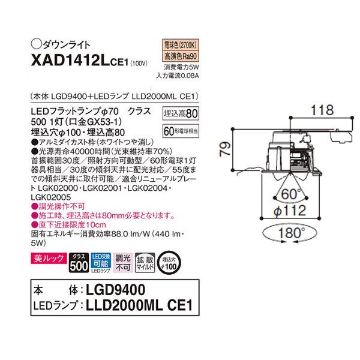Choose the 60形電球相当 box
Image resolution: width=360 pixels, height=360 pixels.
(x=181, y=128)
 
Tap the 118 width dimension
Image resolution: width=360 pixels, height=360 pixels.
(x=308, y=110)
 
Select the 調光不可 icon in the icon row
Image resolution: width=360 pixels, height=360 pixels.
(x=122, y=262)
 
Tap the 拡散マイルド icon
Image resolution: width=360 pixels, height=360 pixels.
(x=144, y=262)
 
